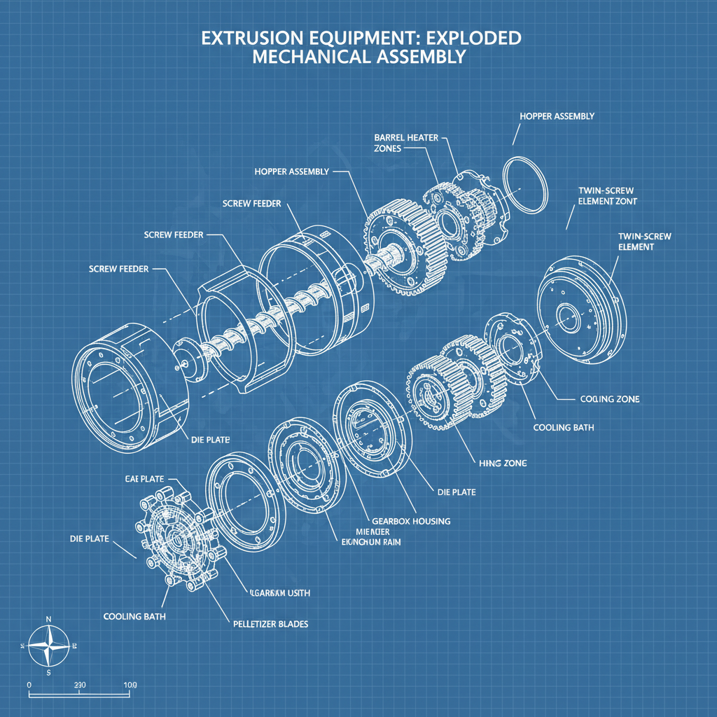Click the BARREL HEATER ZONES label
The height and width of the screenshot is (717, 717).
click(406, 143)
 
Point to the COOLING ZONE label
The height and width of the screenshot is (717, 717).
click(609, 398)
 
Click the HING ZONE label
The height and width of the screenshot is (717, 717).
click(503, 463)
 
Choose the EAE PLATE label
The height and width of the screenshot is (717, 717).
click(144, 479)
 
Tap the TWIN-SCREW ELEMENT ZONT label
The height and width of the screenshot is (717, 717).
click(607, 195)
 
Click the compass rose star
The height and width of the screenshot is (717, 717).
click(48, 644)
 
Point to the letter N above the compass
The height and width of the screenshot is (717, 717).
click(48, 619)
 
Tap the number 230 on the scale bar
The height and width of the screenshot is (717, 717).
click(79, 684)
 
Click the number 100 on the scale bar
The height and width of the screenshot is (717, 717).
click(130, 684)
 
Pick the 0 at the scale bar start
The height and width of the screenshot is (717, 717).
click(29, 684)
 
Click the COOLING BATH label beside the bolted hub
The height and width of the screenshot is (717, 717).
click(134, 616)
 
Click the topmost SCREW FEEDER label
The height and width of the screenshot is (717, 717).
click(251, 203)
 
